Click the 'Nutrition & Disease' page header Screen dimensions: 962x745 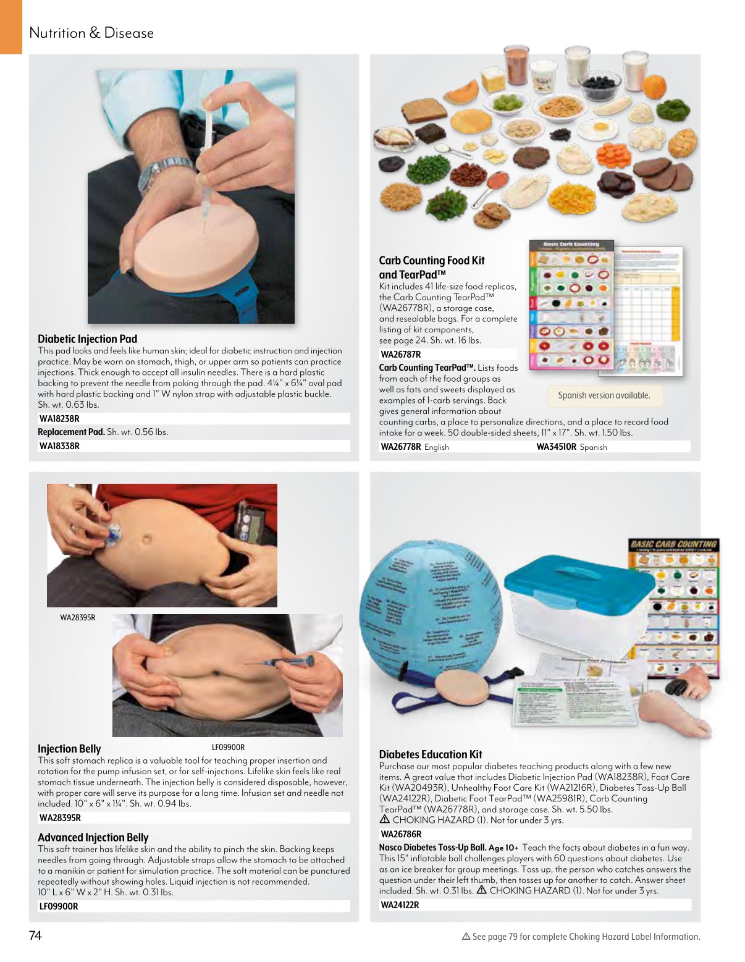91,33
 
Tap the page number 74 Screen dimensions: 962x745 35,935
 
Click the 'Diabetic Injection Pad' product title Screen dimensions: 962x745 87,339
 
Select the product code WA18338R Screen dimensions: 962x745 59,446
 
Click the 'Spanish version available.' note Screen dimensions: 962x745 604,395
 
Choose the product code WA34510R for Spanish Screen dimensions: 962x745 556,447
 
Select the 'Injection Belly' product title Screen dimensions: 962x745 69,749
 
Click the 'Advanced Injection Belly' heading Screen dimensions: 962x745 93,837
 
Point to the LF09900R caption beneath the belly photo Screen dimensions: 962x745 228,747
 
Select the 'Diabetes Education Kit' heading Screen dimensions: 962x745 430,754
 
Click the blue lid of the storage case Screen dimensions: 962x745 578,579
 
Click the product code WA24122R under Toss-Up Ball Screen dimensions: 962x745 400,905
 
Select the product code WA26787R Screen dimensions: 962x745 401,355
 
